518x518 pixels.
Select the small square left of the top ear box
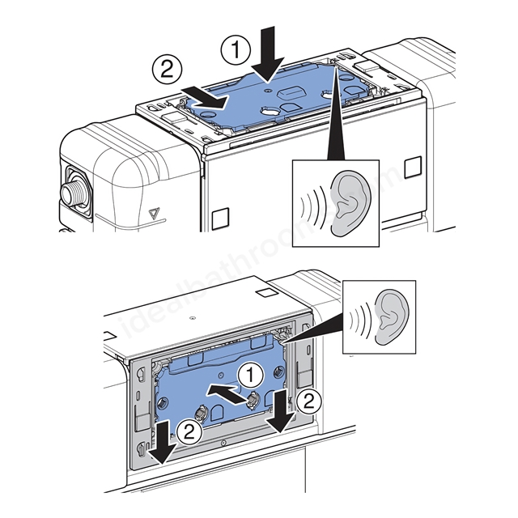(219, 219)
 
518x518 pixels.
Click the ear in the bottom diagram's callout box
(393, 316)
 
